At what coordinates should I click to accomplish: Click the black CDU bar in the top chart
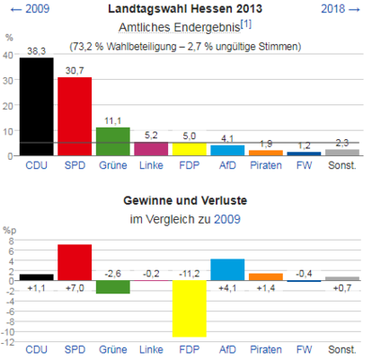click(x=36, y=107)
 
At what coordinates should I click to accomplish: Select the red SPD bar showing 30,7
click(x=75, y=117)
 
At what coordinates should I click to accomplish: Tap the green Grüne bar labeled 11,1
click(x=112, y=141)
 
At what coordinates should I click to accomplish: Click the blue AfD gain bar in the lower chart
click(x=227, y=269)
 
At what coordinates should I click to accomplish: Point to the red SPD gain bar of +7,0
click(x=75, y=262)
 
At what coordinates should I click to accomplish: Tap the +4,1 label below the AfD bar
click(x=227, y=288)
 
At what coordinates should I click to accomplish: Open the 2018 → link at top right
click(x=341, y=9)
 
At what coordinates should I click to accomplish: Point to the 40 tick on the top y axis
click(x=9, y=55)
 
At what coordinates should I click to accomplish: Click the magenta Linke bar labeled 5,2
click(x=151, y=149)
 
